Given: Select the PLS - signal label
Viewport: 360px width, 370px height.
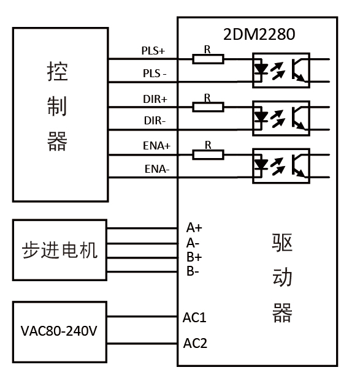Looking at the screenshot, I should tap(155, 74).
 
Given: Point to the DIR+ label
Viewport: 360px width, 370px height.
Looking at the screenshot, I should tap(155, 98).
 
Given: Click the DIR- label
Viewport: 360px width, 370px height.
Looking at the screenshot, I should tap(155, 121).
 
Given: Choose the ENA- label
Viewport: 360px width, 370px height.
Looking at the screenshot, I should tap(156, 168).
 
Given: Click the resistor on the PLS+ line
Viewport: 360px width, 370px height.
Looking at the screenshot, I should tap(208, 59).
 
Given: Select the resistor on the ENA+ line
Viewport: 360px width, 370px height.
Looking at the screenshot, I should tap(208, 155).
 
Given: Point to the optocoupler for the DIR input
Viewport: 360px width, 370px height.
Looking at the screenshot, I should tap(281, 117).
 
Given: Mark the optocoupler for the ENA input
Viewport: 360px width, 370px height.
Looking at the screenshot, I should tap(281, 165).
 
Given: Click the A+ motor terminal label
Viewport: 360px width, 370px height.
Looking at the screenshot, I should tap(194, 228).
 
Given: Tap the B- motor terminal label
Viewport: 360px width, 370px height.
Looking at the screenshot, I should tap(193, 271).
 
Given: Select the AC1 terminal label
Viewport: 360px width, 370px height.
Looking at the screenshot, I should tap(194, 318).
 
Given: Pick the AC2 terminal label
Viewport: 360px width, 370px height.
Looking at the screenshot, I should tap(195, 343).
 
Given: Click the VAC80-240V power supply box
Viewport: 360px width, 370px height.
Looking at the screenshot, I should tap(59, 331).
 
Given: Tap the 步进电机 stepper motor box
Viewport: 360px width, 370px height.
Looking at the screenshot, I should tap(59, 250).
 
